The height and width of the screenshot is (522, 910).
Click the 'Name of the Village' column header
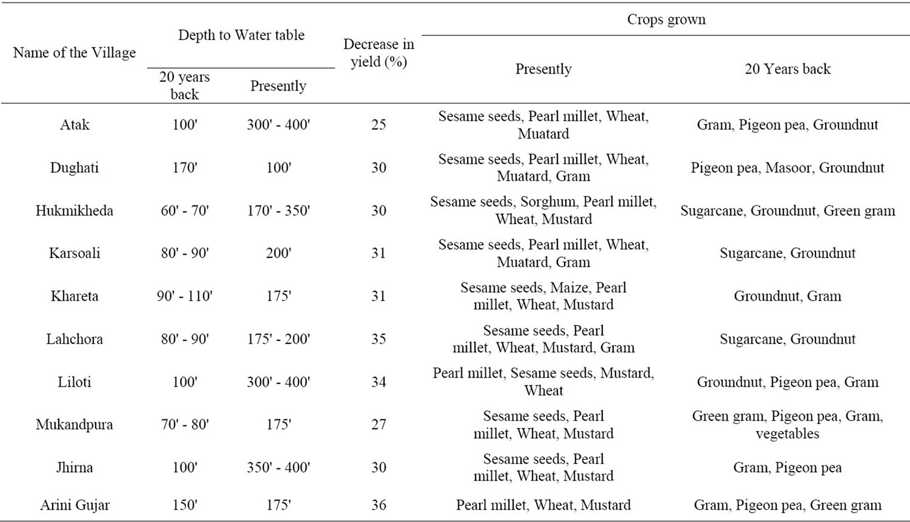pos(74,53)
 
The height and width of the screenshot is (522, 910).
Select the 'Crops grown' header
pos(666,20)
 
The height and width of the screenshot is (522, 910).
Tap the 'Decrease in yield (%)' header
pos(379,53)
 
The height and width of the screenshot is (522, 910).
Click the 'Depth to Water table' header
pos(241,35)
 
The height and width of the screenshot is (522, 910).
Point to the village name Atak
pos(74,125)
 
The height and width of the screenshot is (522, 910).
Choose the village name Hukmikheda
pos(74,211)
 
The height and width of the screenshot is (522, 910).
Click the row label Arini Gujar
pos(75,505)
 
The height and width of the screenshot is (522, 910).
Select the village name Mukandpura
pos(74,425)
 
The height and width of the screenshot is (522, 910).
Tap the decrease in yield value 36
pos(379,505)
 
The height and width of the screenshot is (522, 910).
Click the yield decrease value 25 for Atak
pos(379,125)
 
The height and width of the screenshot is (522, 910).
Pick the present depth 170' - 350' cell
pos(278,211)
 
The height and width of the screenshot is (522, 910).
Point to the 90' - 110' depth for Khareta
pos(185,296)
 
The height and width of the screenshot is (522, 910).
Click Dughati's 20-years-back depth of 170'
pos(185,168)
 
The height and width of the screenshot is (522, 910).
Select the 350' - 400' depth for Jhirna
pos(278,468)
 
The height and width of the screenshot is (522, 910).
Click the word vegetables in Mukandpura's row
pos(788,434)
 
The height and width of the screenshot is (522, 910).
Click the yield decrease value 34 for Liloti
pos(379,382)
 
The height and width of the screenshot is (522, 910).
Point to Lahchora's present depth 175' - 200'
pos(278,339)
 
